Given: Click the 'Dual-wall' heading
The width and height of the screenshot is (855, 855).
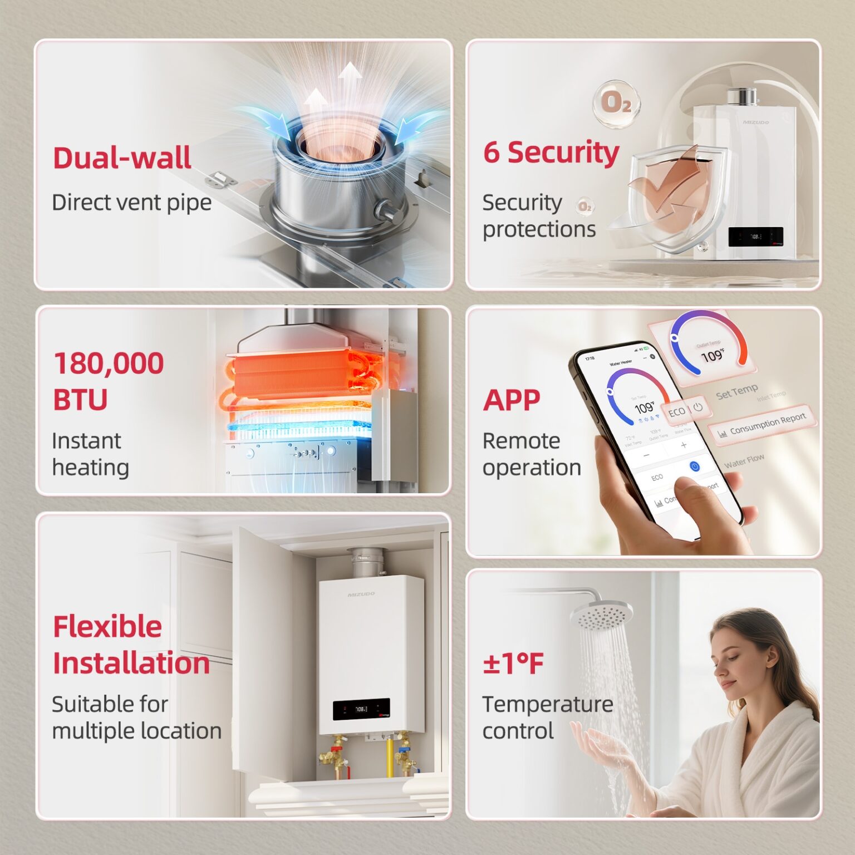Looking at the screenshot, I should coord(122,158).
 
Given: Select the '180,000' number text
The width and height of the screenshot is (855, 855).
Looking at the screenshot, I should coord(109,363).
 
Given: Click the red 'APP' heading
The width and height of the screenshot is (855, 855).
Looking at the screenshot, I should coord(512,400).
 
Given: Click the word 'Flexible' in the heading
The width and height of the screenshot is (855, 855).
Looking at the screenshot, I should coord(107,626).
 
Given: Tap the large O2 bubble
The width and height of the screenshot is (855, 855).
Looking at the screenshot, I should coord(616,103).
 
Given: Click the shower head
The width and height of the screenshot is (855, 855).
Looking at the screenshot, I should coord(601,615).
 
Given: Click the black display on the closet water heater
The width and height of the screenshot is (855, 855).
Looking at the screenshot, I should coord(361,709).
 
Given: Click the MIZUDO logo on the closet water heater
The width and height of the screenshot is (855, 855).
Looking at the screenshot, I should coord(361,594).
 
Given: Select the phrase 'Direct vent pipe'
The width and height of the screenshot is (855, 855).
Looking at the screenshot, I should coord(131,203).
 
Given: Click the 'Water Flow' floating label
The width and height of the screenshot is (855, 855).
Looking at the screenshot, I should coord(744,460).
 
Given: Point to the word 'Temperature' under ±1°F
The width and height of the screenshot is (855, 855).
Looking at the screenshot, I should coord(547,704).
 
